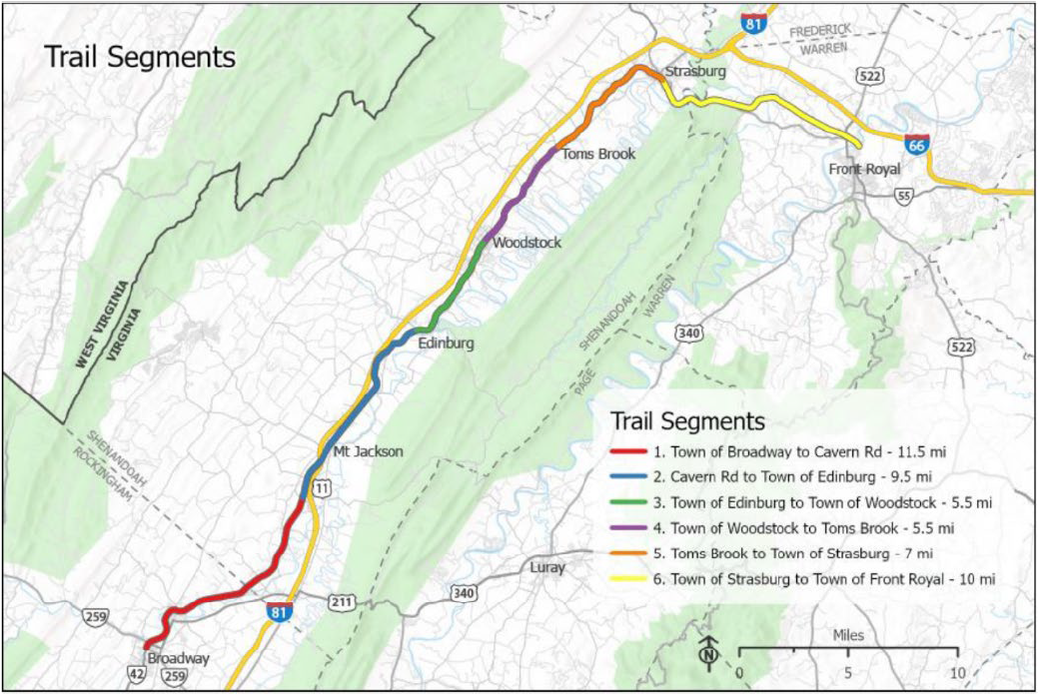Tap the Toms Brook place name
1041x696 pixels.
click(x=598, y=154)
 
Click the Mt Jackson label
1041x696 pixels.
click(x=368, y=451)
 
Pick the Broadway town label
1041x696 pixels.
click(x=179, y=659)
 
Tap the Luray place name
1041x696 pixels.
click(x=547, y=568)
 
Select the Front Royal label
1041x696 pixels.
click(x=864, y=169)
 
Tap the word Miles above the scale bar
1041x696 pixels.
click(x=848, y=635)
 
